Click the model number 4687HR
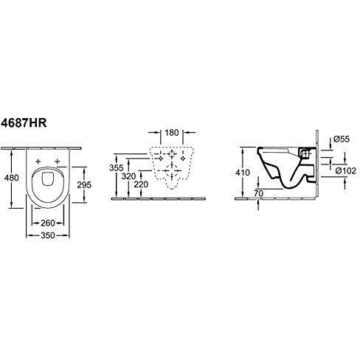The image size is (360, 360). coord(24,122)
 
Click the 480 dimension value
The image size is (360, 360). coord(12,178)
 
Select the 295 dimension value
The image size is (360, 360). coord(84,184)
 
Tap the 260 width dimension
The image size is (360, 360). coord(48,223)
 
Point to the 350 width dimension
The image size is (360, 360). coord(48,235)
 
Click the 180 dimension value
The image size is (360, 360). coord(172,133)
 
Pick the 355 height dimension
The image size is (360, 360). coord(117,168)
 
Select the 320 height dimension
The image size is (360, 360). coord(128,176)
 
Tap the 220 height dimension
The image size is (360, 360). coord(141,184)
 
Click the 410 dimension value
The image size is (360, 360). coord(243,173)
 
